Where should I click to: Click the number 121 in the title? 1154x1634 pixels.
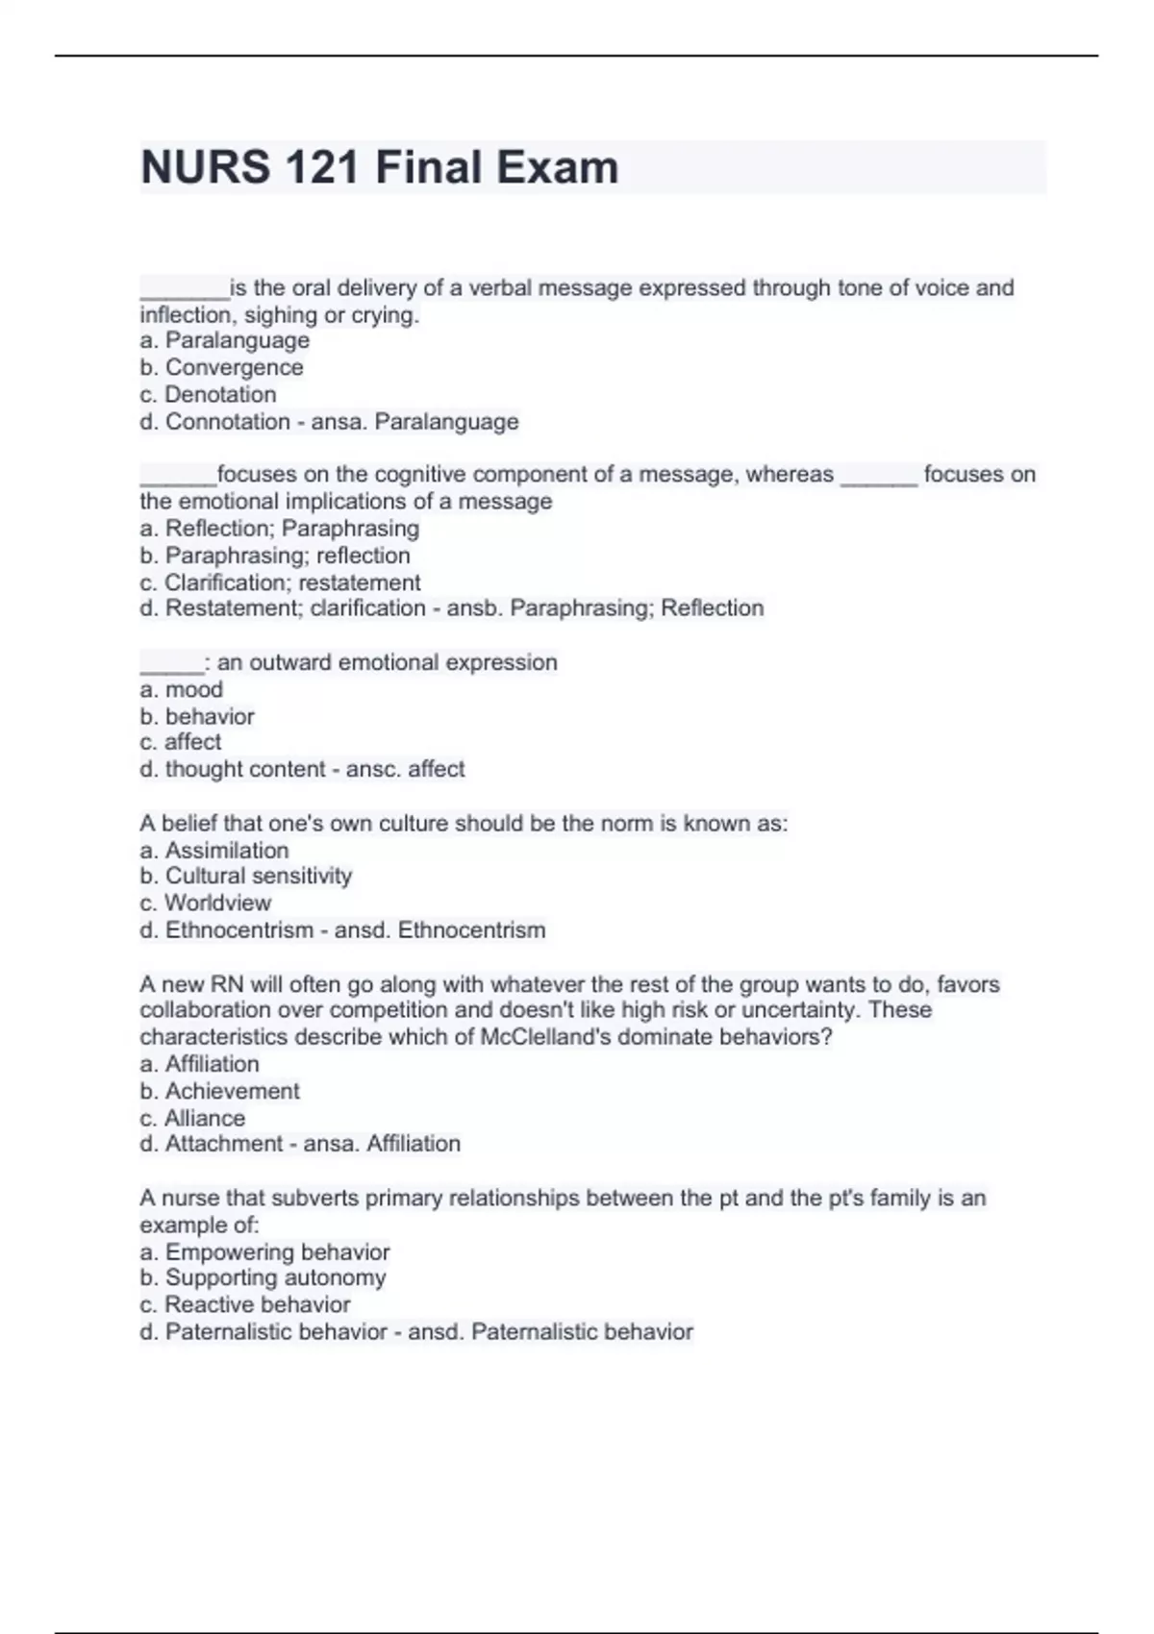pyautogui.click(x=322, y=167)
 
